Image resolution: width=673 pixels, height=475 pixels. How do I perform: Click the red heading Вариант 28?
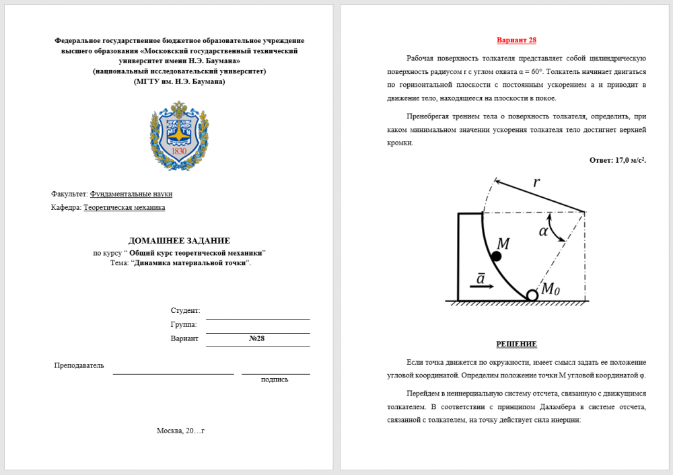[516, 40]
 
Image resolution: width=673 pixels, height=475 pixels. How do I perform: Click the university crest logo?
[179, 135]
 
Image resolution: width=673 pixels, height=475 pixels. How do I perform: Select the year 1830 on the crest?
[179, 151]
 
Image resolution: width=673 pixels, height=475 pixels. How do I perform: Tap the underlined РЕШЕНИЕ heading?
[516, 344]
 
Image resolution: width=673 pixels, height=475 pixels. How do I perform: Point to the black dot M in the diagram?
[496, 256]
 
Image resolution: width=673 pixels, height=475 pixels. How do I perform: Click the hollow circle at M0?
[532, 295]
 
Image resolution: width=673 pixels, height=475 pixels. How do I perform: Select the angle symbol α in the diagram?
[544, 231]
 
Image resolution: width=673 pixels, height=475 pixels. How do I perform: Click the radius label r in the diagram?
[536, 182]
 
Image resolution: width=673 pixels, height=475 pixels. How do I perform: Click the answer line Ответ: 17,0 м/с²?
[618, 160]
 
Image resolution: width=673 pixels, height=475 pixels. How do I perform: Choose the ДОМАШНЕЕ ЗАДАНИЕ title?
[179, 241]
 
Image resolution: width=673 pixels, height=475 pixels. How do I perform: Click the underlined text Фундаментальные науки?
[131, 194]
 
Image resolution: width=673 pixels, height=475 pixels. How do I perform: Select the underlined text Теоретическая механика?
[124, 208]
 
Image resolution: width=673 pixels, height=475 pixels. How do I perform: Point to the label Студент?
[185, 311]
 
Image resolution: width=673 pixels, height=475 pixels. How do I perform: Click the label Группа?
[184, 324]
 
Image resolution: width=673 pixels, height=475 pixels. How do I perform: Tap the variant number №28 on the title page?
[256, 338]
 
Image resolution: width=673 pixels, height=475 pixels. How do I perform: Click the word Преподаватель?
[79, 365]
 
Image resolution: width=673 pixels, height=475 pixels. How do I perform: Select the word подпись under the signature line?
[275, 379]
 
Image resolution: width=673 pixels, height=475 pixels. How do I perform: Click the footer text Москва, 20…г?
[180, 431]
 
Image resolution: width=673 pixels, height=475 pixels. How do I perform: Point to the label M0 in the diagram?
[551, 289]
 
